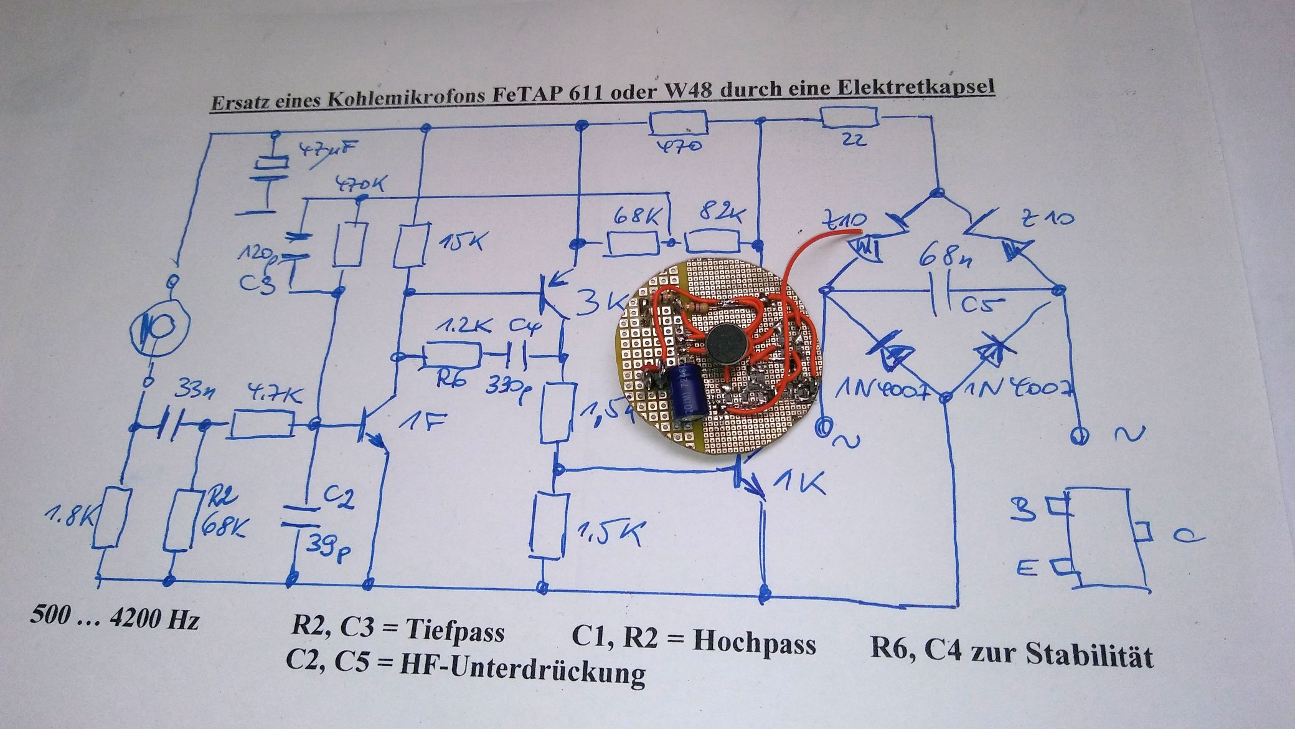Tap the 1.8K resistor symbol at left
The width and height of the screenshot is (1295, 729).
point(112,518)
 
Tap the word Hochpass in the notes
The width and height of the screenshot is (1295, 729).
point(754,642)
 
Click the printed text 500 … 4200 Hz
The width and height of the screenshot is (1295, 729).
point(115,619)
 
